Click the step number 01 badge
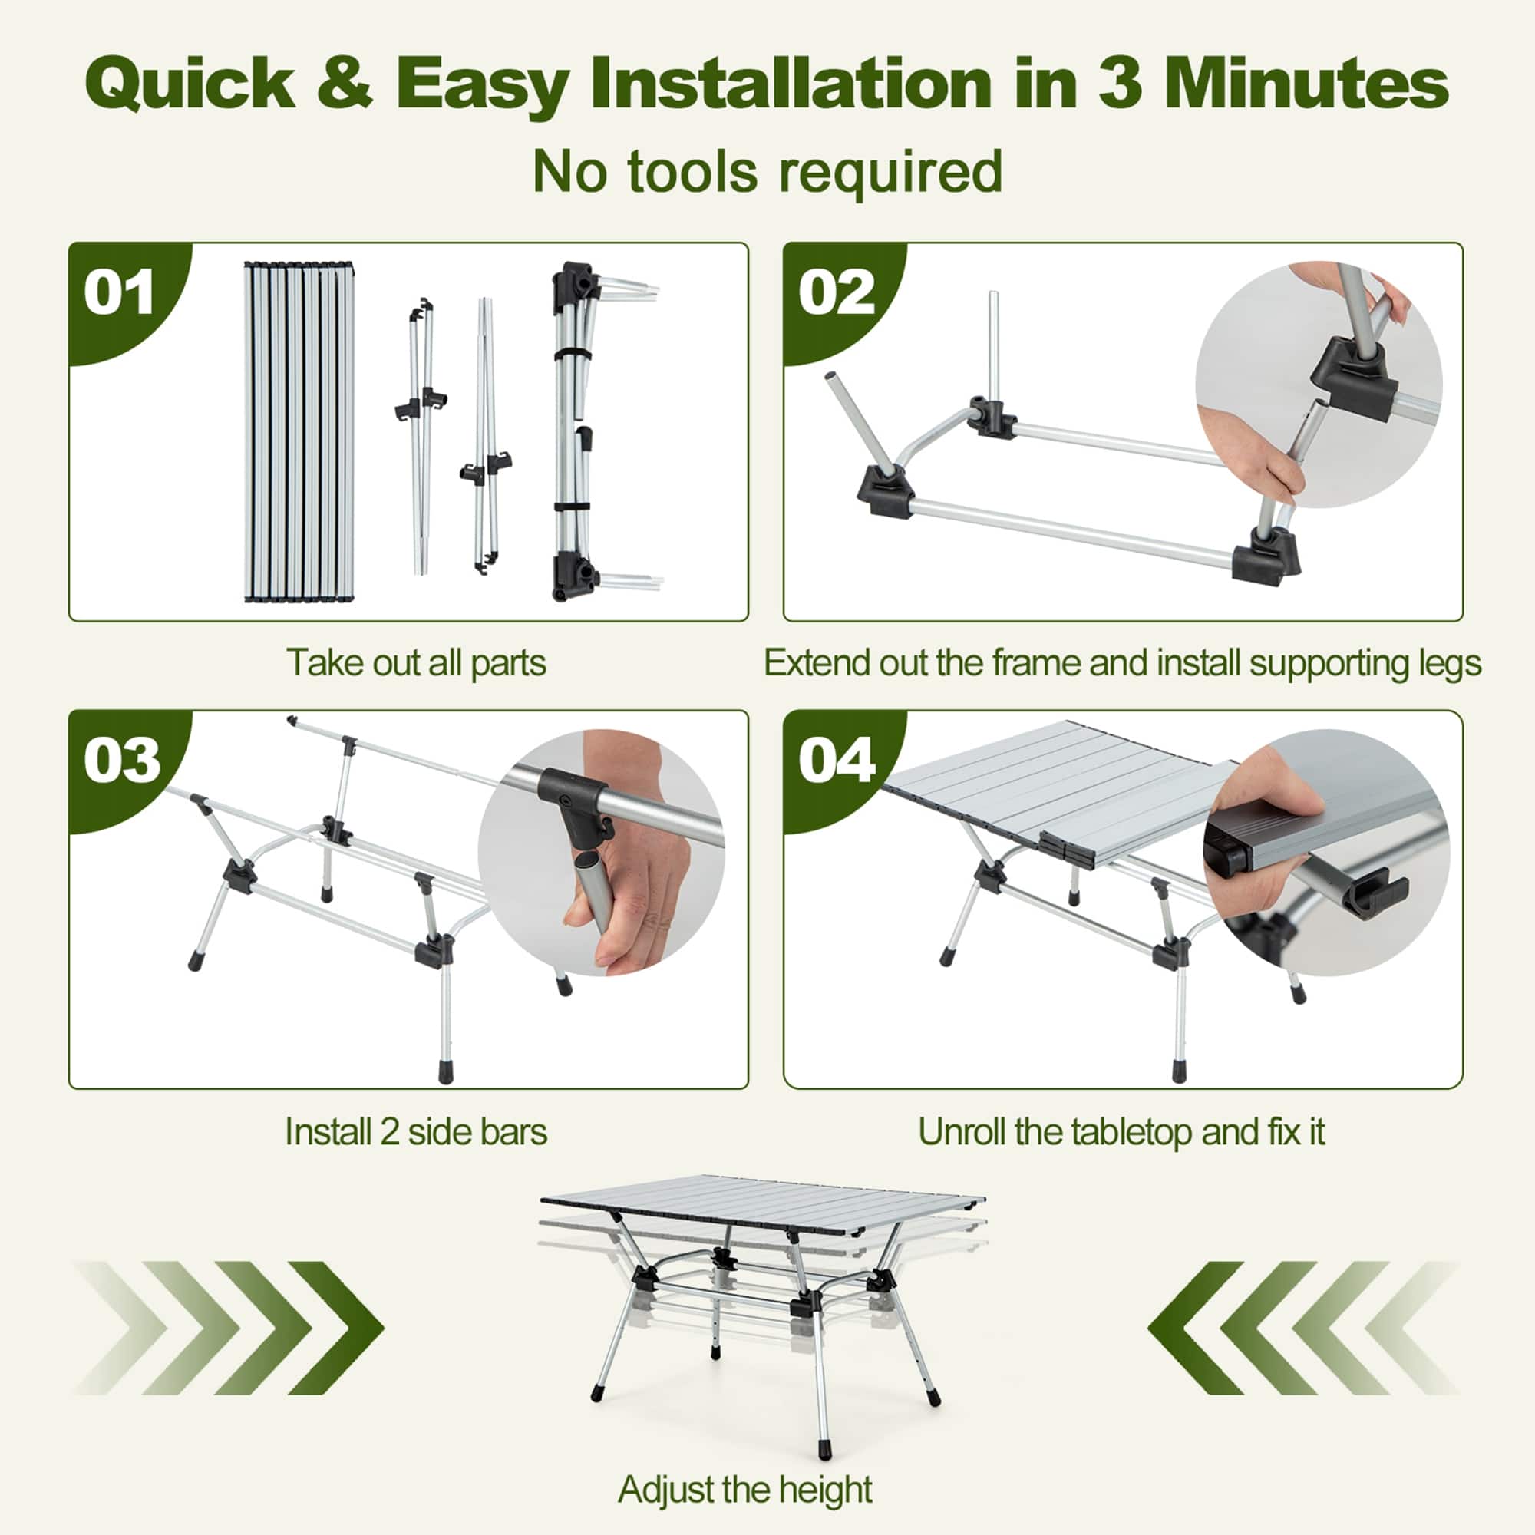119,293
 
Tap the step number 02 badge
836,293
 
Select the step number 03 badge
121,761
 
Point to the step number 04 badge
837,761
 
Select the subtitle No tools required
767,171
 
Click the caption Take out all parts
415,662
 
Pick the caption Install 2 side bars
415,1131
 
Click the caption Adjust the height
744,1489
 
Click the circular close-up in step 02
1319,385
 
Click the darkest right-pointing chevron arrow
338,1328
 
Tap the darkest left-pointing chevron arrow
1194,1328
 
